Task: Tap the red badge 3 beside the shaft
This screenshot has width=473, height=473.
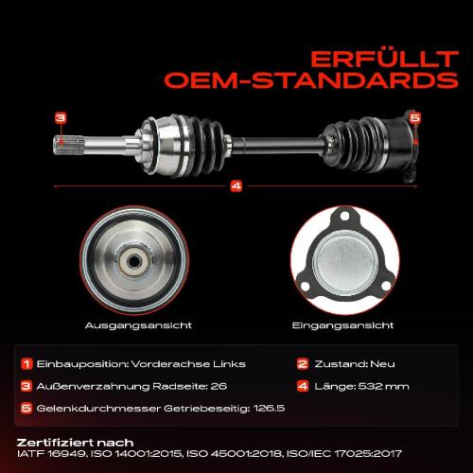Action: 60,118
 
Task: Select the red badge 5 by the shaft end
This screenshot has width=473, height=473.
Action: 414,118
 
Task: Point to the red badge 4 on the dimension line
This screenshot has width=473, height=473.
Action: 236,186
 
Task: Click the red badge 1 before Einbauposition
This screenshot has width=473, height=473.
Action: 28,363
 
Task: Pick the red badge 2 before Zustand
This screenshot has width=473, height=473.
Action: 303,363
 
